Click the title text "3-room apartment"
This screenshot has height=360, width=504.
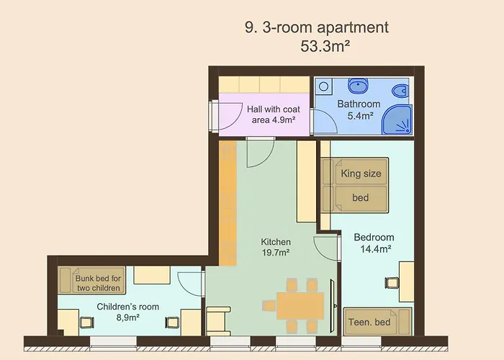coord(325,27)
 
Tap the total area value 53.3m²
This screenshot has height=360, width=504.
coord(325,46)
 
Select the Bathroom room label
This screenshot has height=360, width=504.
coord(359,109)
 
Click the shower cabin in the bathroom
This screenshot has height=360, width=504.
coord(397,120)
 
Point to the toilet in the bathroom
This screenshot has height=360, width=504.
coord(400,91)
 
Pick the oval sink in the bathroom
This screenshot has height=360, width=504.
coord(359,86)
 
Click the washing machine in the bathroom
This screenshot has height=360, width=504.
coord(324,86)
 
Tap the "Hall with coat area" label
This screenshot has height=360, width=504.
coord(273,114)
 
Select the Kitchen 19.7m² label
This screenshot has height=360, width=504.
coord(276,247)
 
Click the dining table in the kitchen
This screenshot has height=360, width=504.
coord(300,305)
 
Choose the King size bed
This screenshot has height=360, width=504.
coord(355,185)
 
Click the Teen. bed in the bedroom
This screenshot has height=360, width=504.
coord(378,322)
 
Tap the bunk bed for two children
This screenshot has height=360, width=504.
coord(92,280)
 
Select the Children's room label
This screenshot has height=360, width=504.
coord(128,312)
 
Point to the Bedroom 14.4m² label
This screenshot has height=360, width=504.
coord(374,243)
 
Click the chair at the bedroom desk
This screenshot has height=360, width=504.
coord(392,283)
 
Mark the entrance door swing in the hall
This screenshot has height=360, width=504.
coord(230,117)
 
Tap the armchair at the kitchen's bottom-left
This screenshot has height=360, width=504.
coord(218,321)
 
